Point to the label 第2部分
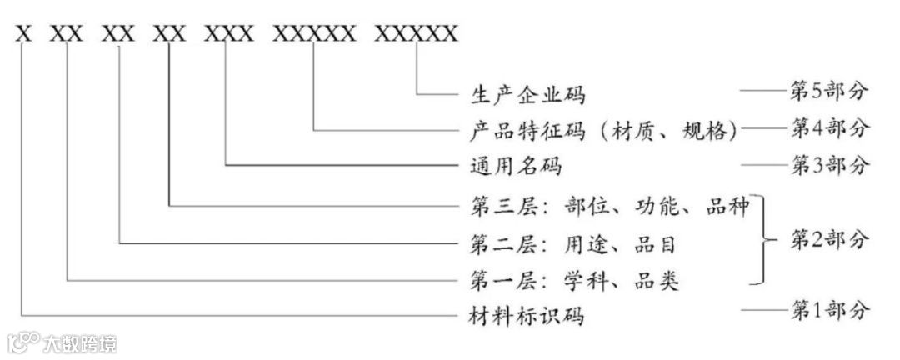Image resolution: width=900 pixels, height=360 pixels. coord(829,241)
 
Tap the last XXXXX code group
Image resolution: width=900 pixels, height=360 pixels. coord(416,34)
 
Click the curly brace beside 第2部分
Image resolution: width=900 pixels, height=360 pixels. coord(762,242)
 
